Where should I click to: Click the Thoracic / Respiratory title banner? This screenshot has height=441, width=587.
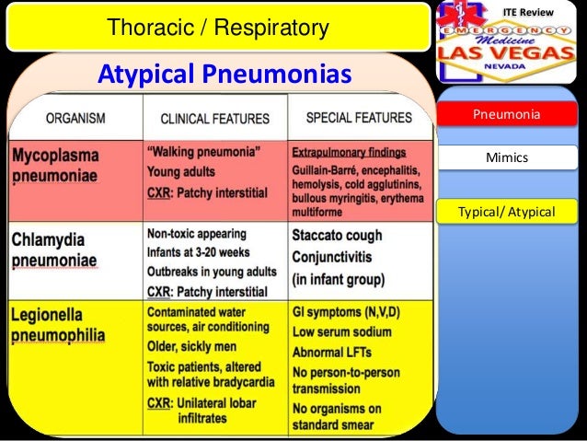pos(217,29)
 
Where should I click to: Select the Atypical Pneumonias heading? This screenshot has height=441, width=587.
pos(225,73)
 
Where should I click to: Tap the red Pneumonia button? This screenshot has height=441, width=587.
pos(506,114)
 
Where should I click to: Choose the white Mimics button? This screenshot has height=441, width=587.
pos(506,158)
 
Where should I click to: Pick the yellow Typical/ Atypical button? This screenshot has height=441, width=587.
pos(506,213)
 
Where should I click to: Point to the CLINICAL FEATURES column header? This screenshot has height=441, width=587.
pos(214,119)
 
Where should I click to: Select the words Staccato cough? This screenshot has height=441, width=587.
pos(339,235)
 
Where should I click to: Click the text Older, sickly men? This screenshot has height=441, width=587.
pos(192,347)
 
